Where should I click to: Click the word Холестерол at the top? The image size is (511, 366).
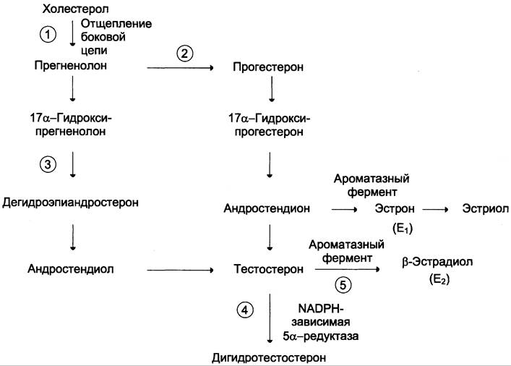coord(75,9)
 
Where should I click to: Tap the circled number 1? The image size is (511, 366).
coord(48,34)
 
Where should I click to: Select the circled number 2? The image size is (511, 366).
coord(185,54)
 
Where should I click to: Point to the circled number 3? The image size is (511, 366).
coord(48,164)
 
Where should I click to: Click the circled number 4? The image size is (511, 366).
coord(245,310)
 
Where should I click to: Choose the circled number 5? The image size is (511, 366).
coord(343,285)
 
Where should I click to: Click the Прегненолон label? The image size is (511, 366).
coord(71,66)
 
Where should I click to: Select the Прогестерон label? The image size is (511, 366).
coord(268,67)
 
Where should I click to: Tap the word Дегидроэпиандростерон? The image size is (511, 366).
coord(70,203)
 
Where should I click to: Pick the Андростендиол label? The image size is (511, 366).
coord(71,269)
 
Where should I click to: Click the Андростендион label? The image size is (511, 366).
coord(267,208)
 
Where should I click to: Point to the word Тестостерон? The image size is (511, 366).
coord(269,269)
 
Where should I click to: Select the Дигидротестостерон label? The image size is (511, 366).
coord(269,358)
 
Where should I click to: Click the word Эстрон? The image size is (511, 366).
coord(395,208)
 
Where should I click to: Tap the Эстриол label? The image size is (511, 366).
coord(485,208)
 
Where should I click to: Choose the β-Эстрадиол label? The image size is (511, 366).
coord(437,262)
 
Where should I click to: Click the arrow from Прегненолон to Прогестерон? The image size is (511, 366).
coord(180,68)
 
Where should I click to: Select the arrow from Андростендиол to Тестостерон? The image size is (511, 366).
coord(180,270)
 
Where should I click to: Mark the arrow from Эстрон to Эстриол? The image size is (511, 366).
coord(435,210)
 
